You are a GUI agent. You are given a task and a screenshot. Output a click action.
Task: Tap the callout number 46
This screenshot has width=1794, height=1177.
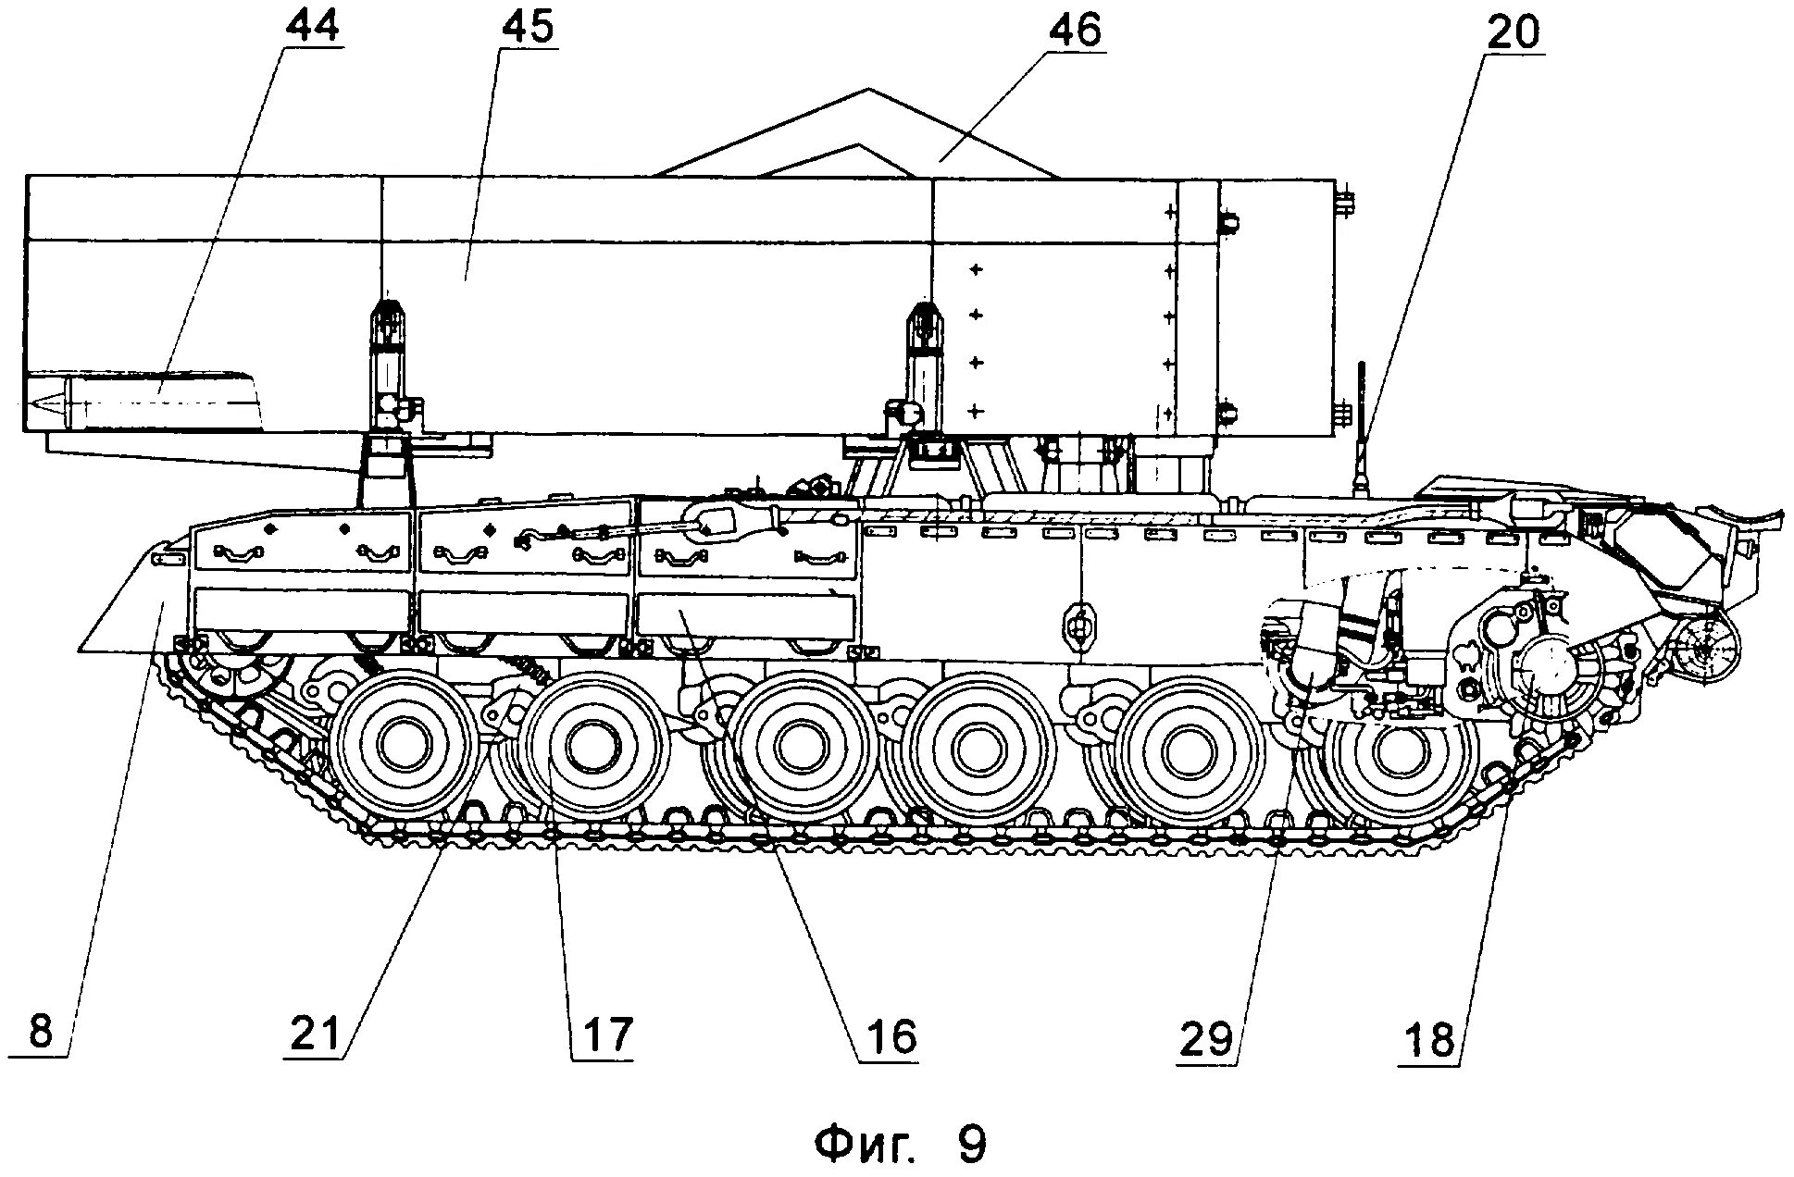tap(1075, 31)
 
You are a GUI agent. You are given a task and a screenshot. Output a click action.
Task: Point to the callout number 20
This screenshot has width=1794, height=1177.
tap(1514, 32)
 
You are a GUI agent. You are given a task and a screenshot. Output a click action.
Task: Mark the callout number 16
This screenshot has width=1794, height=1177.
tap(890, 1037)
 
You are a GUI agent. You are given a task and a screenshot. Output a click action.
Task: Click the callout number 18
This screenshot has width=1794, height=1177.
tap(1430, 1040)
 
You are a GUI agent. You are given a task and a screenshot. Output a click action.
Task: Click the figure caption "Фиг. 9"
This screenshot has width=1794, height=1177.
tap(900, 1146)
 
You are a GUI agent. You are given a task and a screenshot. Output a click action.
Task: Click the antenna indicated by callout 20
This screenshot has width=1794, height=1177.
tap(1362, 426)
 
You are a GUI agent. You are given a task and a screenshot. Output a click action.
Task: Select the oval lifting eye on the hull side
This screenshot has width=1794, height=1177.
tap(1075, 627)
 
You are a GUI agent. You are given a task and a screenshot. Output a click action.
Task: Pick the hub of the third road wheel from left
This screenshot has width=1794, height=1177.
tap(794, 748)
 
